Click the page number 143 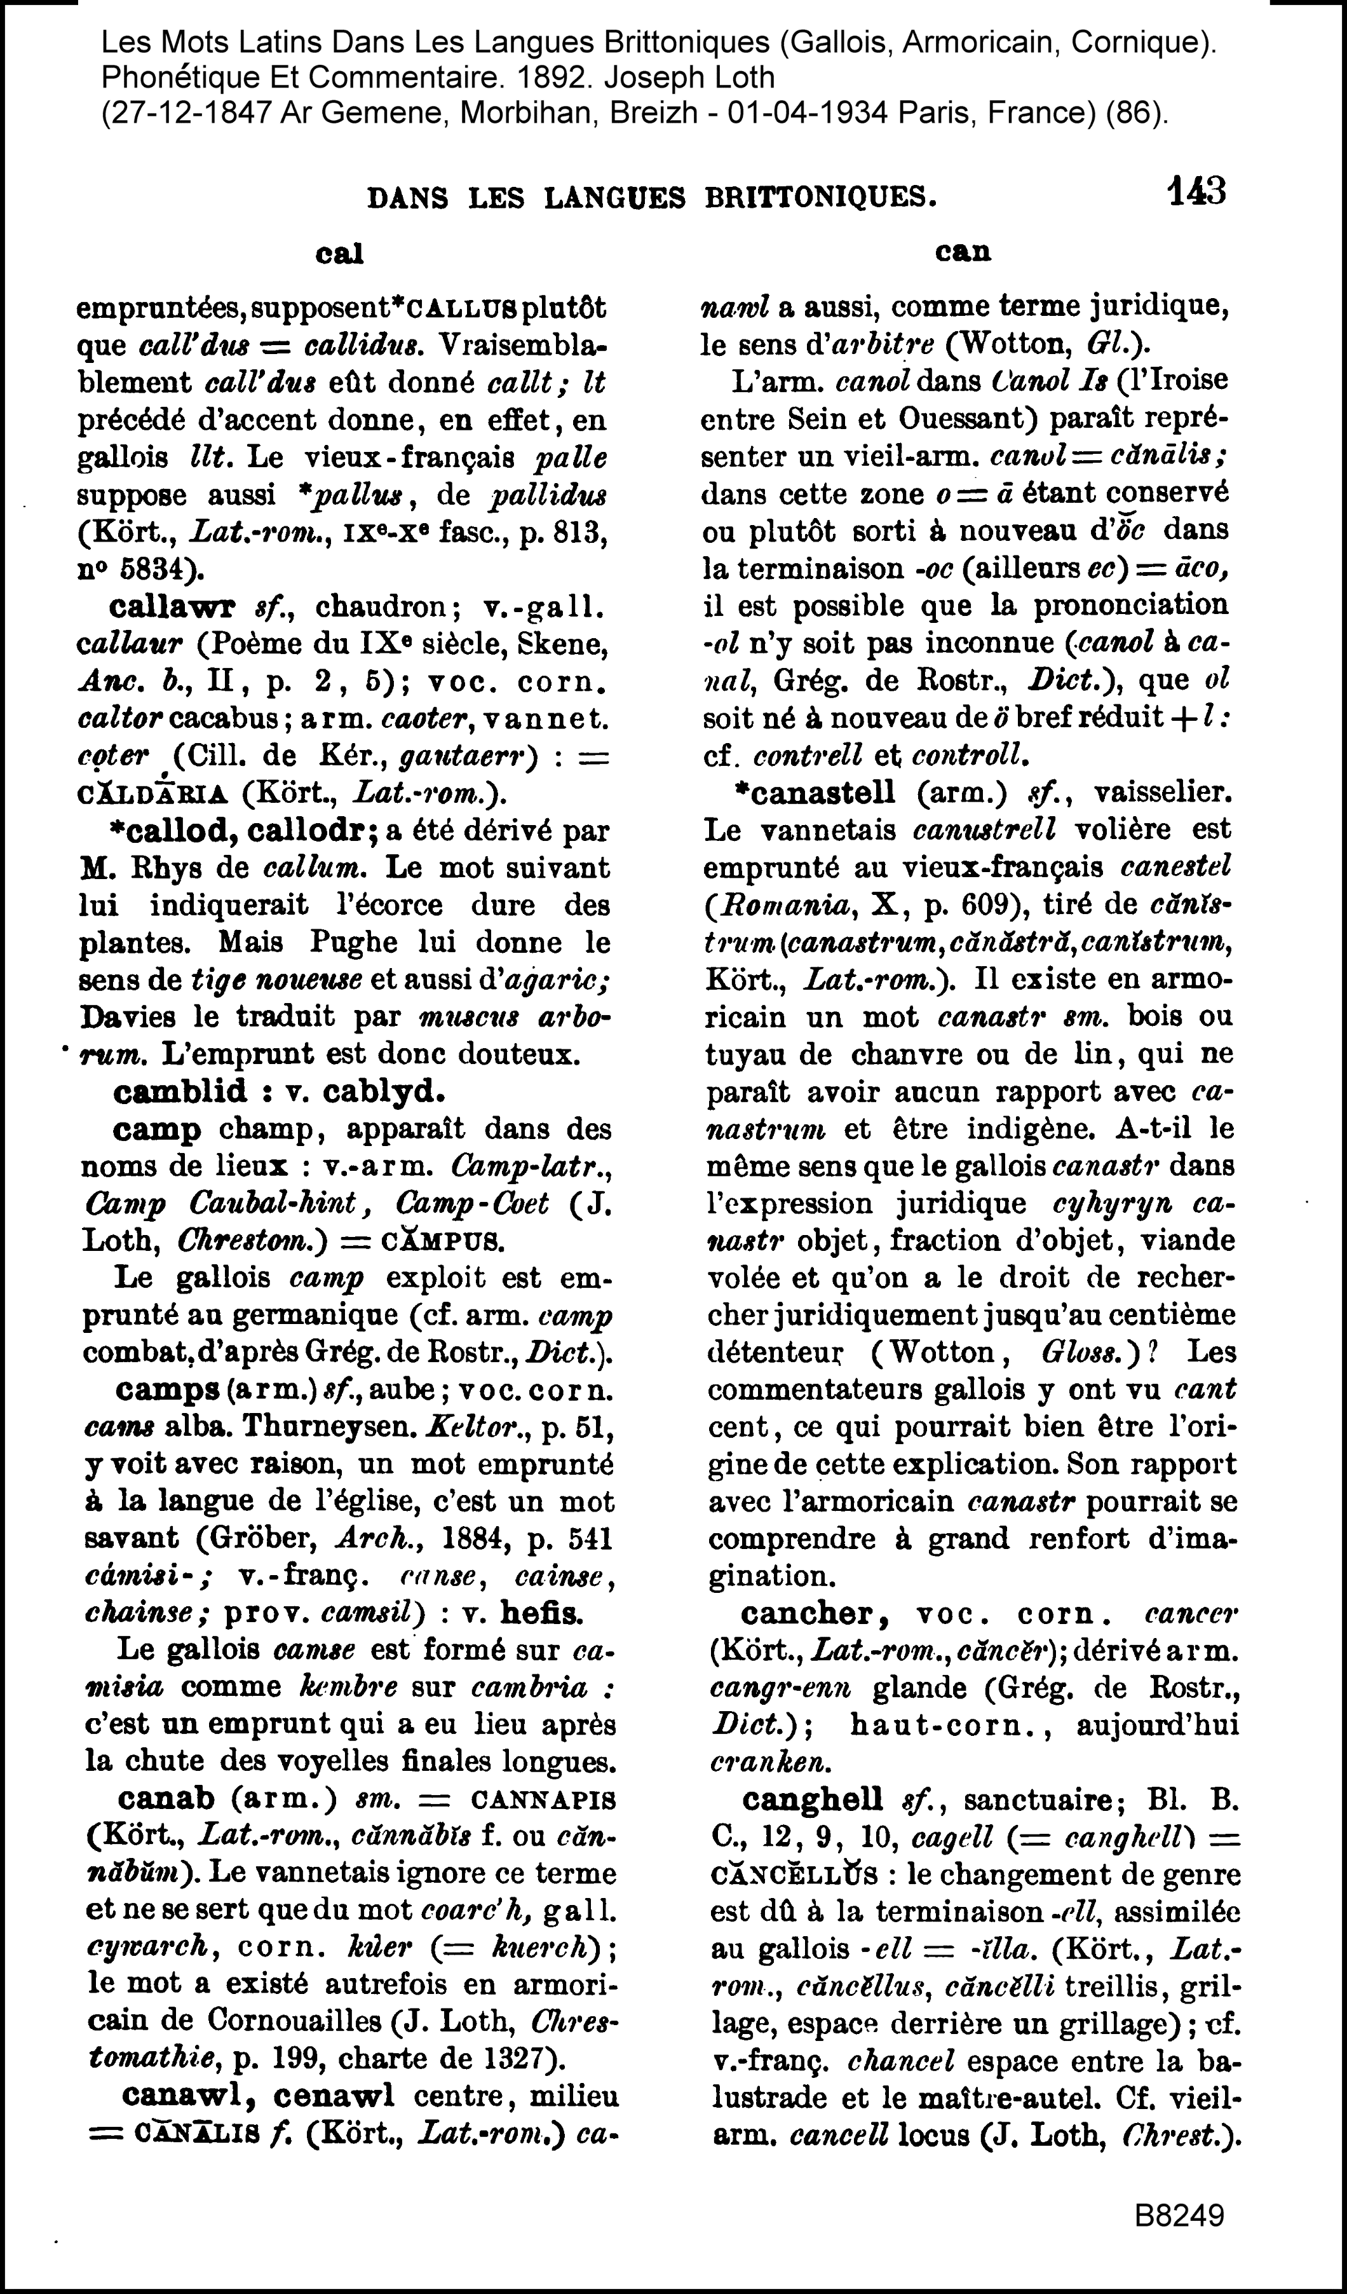point(1196,192)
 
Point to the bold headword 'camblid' point(180,1091)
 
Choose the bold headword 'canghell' point(813,1799)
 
